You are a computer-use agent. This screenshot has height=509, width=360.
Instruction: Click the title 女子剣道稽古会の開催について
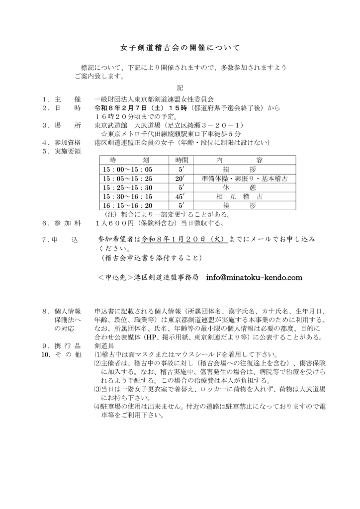[x=180, y=48]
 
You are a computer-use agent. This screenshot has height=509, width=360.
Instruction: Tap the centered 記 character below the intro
[x=180, y=87]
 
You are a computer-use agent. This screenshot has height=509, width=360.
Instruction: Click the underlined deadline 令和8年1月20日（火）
[x=184, y=239]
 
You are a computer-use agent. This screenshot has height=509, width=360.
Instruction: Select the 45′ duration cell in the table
[x=180, y=196]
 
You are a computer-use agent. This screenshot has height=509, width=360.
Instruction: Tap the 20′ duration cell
[x=180, y=178]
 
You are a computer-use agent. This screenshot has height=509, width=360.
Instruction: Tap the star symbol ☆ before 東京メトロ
[x=104, y=134]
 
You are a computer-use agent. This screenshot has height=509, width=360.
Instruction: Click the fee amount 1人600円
[x=118, y=223]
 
